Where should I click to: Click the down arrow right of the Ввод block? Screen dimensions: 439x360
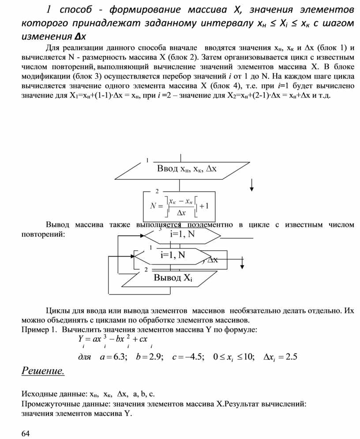point(252,185)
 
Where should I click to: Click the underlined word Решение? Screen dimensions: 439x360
point(43,371)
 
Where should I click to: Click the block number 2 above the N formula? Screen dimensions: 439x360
point(157,191)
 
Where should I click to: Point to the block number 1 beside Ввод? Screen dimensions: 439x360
point(147,161)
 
